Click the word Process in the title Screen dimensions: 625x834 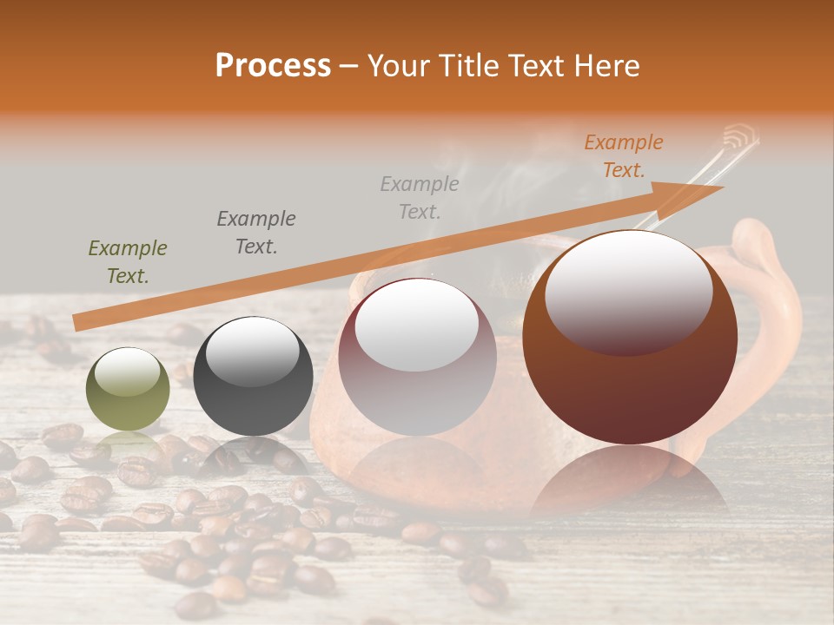click(x=273, y=66)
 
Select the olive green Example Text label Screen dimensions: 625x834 click(x=128, y=262)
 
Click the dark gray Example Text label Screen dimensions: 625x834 click(x=256, y=232)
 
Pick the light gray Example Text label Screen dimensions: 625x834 click(x=420, y=197)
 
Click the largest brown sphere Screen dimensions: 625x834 click(x=630, y=382)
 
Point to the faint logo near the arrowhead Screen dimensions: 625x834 click(x=741, y=136)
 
